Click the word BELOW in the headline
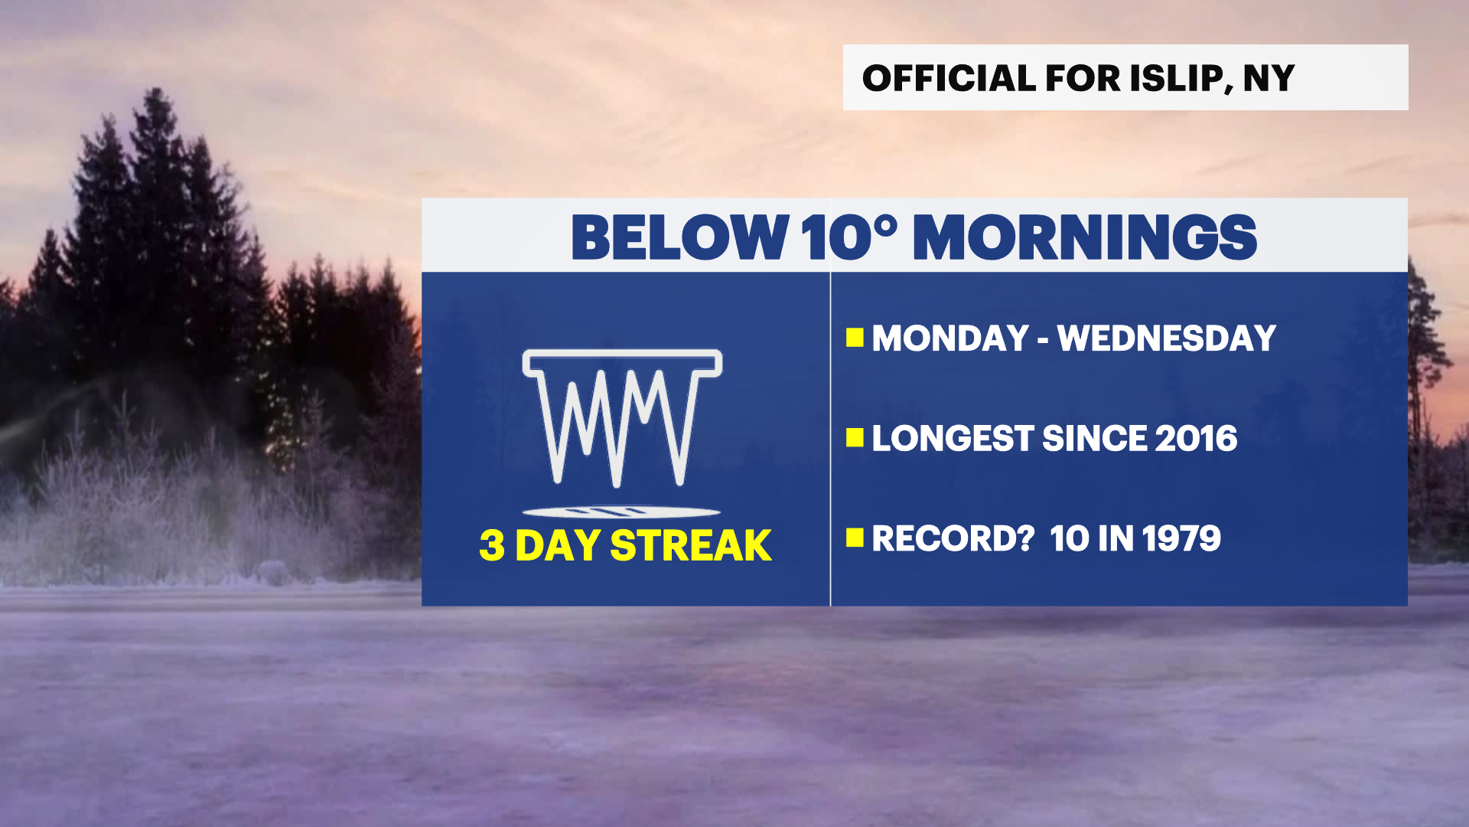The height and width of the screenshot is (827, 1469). tap(679, 237)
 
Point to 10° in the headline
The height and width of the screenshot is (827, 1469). tap(848, 237)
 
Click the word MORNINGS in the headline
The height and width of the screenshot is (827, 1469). tap(1085, 237)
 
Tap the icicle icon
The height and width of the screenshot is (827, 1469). tap(621, 417)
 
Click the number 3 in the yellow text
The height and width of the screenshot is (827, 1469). tap(492, 546)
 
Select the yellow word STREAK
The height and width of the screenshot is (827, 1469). tap(690, 546)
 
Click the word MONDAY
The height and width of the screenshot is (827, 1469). tap(950, 338)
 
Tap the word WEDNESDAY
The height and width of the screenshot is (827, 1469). tap(1166, 338)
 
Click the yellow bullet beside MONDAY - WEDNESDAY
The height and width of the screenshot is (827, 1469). tap(855, 338)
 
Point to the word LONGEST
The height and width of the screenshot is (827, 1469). tap(953, 439)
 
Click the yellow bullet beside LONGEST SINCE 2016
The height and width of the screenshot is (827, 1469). tap(855, 438)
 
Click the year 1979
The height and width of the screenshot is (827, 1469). tap(1182, 538)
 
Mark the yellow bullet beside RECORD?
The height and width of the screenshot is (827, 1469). tap(855, 538)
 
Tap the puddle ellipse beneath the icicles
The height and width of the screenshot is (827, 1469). tap(621, 512)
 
